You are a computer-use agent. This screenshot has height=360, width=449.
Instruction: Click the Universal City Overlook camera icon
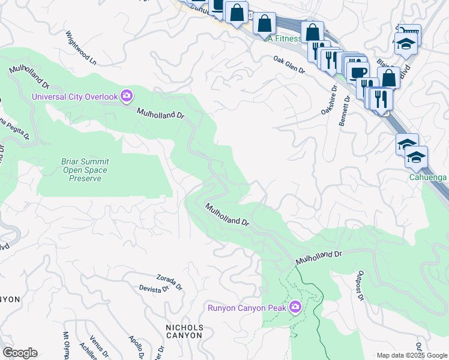pos(127,95)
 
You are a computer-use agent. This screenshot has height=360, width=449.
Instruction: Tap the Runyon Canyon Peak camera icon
pos(295,308)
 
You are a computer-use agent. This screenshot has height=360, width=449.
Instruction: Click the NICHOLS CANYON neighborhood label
pos(184,331)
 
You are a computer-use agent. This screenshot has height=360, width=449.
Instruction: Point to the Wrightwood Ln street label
pos(81,48)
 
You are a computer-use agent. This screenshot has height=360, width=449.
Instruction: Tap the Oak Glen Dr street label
pos(289,65)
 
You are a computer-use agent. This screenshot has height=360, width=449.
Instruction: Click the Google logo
pos(20,353)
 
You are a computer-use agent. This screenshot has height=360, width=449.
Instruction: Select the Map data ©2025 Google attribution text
pos(412,355)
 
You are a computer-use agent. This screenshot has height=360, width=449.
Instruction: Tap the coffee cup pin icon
pos(358,72)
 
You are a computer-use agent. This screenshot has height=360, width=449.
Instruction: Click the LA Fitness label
pos(283,39)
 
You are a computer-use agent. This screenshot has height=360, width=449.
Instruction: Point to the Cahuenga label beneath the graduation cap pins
pos(429,177)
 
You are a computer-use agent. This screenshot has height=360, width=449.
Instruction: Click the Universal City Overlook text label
pos(76,95)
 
